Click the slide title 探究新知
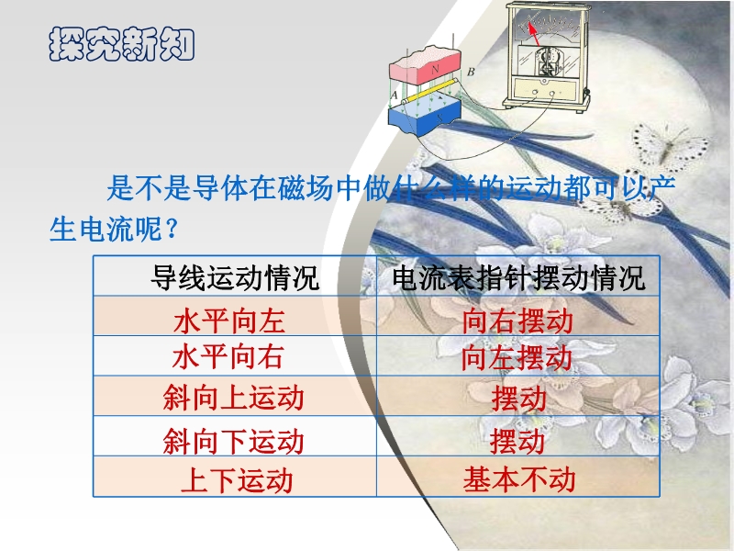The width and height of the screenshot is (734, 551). pos(121,44)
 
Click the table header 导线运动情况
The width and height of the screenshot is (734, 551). pos(235,278)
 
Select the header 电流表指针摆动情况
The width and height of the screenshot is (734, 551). pos(518,278)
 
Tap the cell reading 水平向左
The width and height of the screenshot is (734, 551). pos(229,320)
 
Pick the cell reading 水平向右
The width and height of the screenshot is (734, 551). pos(228,357)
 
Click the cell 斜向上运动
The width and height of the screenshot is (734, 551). pos(234,398)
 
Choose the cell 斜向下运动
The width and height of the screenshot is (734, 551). pos(234,441)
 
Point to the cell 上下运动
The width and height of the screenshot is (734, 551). pos(237,480)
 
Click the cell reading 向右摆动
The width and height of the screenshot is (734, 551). pos(517,320)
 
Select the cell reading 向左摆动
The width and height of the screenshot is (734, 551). pos(517,357)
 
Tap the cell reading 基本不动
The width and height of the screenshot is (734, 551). pos(519,479)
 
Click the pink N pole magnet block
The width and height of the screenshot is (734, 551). pos(425,66)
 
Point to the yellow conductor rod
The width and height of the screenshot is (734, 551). pos(429,91)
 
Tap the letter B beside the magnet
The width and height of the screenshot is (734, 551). pos(471,72)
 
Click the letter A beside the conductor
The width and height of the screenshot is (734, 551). pos(395,96)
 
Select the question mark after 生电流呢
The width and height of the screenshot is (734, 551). pos(172,230)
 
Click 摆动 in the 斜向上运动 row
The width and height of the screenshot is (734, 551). pos(518,398)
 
